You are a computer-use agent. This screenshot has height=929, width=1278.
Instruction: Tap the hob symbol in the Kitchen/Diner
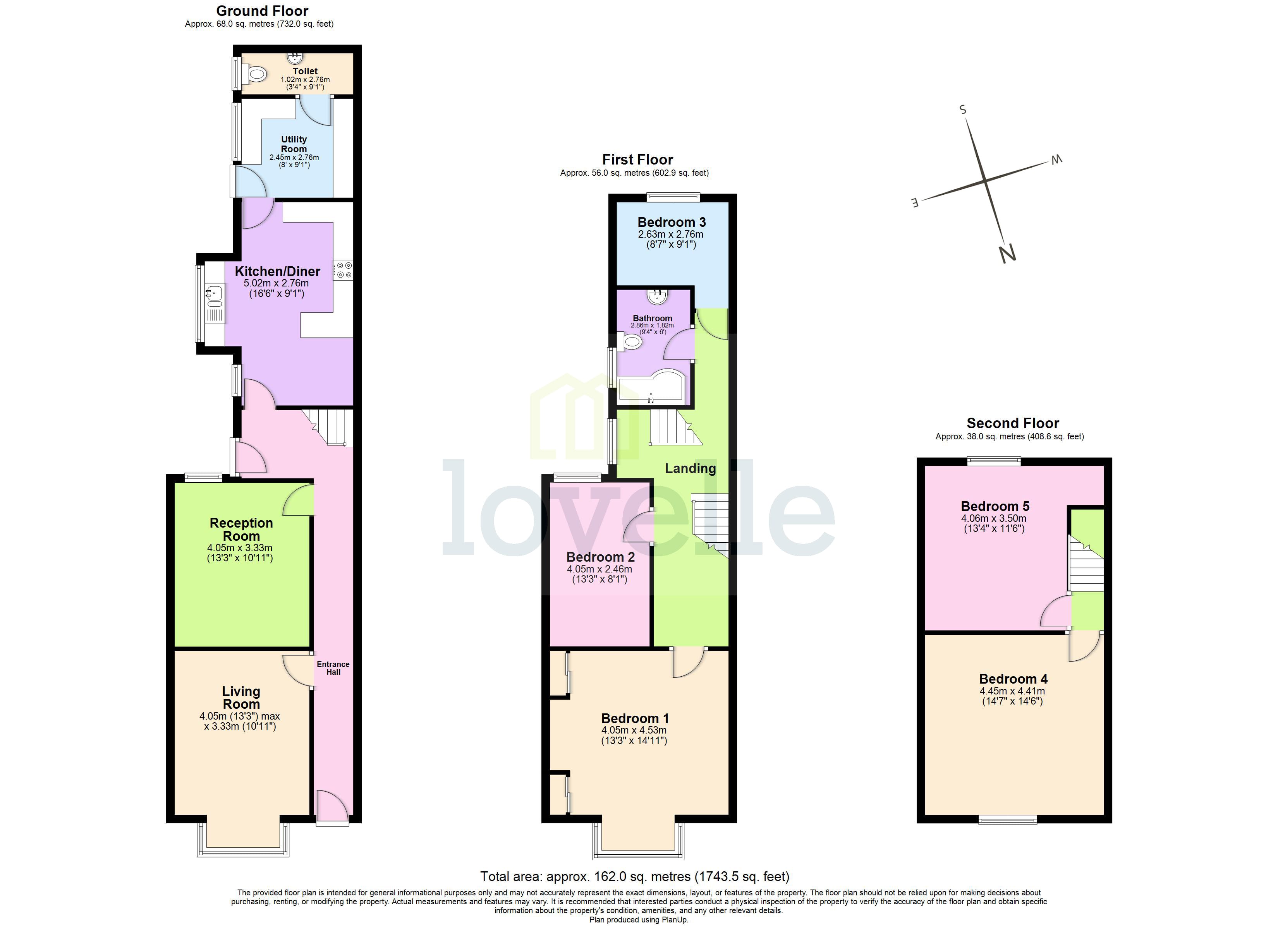pos(343,270)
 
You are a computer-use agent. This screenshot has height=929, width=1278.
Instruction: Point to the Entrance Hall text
pos(333,668)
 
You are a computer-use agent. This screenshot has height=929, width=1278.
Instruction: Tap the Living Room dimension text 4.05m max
pos(239,716)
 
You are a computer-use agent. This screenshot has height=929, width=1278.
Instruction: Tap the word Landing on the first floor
pos(690,468)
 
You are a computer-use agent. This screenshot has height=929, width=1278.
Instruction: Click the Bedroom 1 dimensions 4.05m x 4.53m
pos(634,730)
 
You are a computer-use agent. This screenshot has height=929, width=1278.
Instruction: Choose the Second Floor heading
pos(1013,423)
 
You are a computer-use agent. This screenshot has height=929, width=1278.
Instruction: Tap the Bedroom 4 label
pos(1013,679)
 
